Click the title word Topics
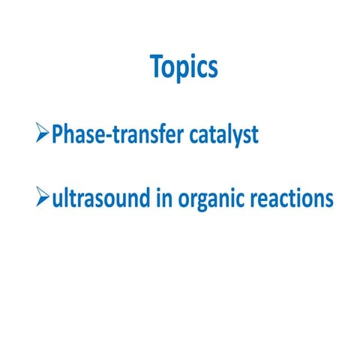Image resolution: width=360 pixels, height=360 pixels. click(184, 68)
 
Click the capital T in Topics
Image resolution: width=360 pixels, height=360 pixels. click(157, 67)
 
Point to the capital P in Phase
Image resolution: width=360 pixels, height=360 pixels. click(57, 135)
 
